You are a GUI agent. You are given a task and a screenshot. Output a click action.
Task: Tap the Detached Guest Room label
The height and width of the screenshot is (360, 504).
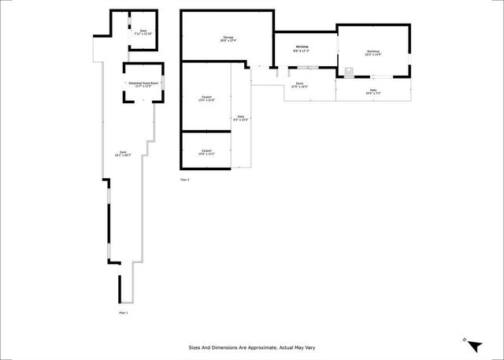pyautogui.click(x=143, y=83)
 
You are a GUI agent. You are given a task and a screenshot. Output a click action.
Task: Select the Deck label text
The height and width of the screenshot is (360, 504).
pyautogui.click(x=123, y=152)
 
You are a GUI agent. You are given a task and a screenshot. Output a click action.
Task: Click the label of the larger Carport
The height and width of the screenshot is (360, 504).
pyautogui.click(x=206, y=98)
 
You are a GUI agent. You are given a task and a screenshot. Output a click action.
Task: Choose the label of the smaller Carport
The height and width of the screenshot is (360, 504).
pyautogui.click(x=206, y=150)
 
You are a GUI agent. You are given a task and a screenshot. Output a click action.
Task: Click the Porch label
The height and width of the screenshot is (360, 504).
pyautogui.click(x=299, y=84)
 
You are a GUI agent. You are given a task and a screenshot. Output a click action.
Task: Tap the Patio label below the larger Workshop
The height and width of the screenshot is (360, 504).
pyautogui.click(x=372, y=91)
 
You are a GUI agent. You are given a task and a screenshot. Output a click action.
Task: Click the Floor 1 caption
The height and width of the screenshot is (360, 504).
pyautogui.click(x=123, y=313)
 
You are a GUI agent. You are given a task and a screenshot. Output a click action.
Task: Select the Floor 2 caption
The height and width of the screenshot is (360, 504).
pyautogui.click(x=185, y=180)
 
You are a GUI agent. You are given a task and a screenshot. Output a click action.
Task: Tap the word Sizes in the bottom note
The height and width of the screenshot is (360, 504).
pyautogui.click(x=194, y=347)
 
